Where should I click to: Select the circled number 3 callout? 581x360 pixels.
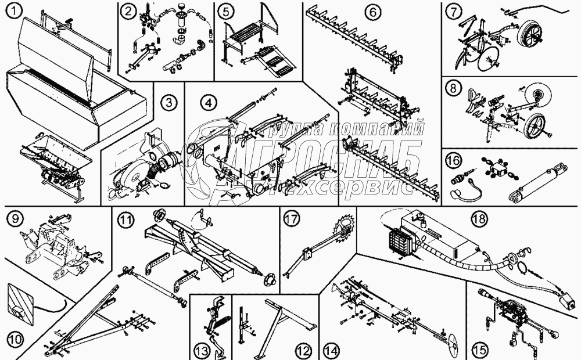point(168,103)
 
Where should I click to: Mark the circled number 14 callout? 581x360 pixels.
point(331,350)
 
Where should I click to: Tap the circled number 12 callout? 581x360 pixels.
point(302,350)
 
